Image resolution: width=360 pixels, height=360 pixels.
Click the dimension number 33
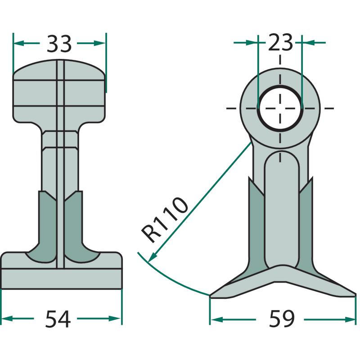tap(59, 44)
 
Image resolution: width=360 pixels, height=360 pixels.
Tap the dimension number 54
tap(58, 319)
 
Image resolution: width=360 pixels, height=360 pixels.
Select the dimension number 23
tap(280, 42)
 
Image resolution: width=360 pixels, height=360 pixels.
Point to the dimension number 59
tap(282, 319)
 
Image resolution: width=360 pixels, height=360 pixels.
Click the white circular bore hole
tap(280, 108)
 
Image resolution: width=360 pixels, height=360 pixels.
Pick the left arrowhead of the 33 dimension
tap(19, 43)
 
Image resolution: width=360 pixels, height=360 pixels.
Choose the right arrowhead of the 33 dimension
tap(99, 43)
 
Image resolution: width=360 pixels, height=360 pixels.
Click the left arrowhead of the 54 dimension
tap(7, 319)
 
